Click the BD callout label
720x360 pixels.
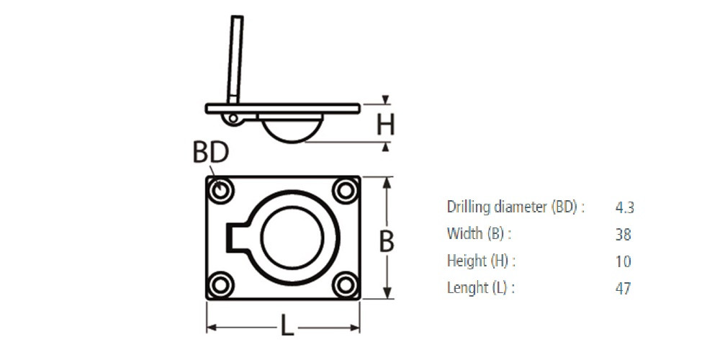pos(211,152)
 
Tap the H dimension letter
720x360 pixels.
pos(385,125)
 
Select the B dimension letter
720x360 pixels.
pos(387,241)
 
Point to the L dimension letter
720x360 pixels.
pos(287,327)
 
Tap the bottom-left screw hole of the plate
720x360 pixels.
pos(221,285)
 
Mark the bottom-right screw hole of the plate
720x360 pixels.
pos(346,285)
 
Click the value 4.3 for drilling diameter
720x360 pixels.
pos(624,207)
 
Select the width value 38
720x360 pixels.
pos(623,235)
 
